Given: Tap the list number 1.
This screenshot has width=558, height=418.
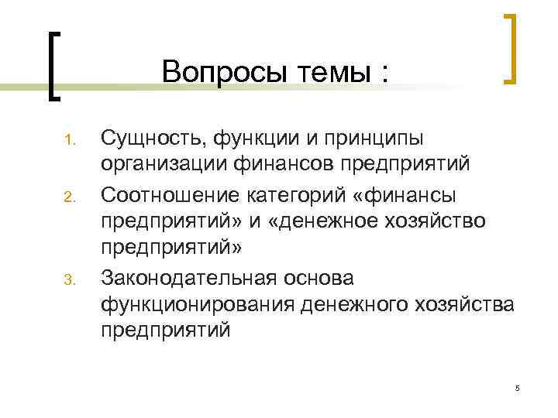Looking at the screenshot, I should pyautogui.click(x=67, y=142).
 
